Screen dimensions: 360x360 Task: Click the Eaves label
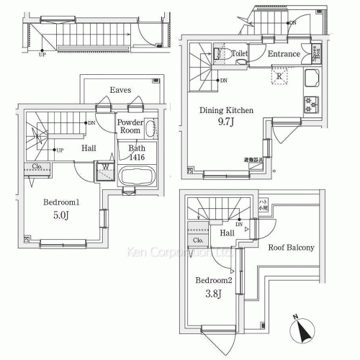coord(120,90)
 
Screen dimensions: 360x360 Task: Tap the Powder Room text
coord(130,127)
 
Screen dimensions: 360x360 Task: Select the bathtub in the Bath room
coord(135,177)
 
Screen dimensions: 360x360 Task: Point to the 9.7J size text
coord(227,124)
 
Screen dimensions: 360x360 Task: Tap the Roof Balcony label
coord(291,248)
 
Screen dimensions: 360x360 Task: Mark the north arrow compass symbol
coord(300,330)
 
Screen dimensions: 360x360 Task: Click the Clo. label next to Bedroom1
coord(37,167)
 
